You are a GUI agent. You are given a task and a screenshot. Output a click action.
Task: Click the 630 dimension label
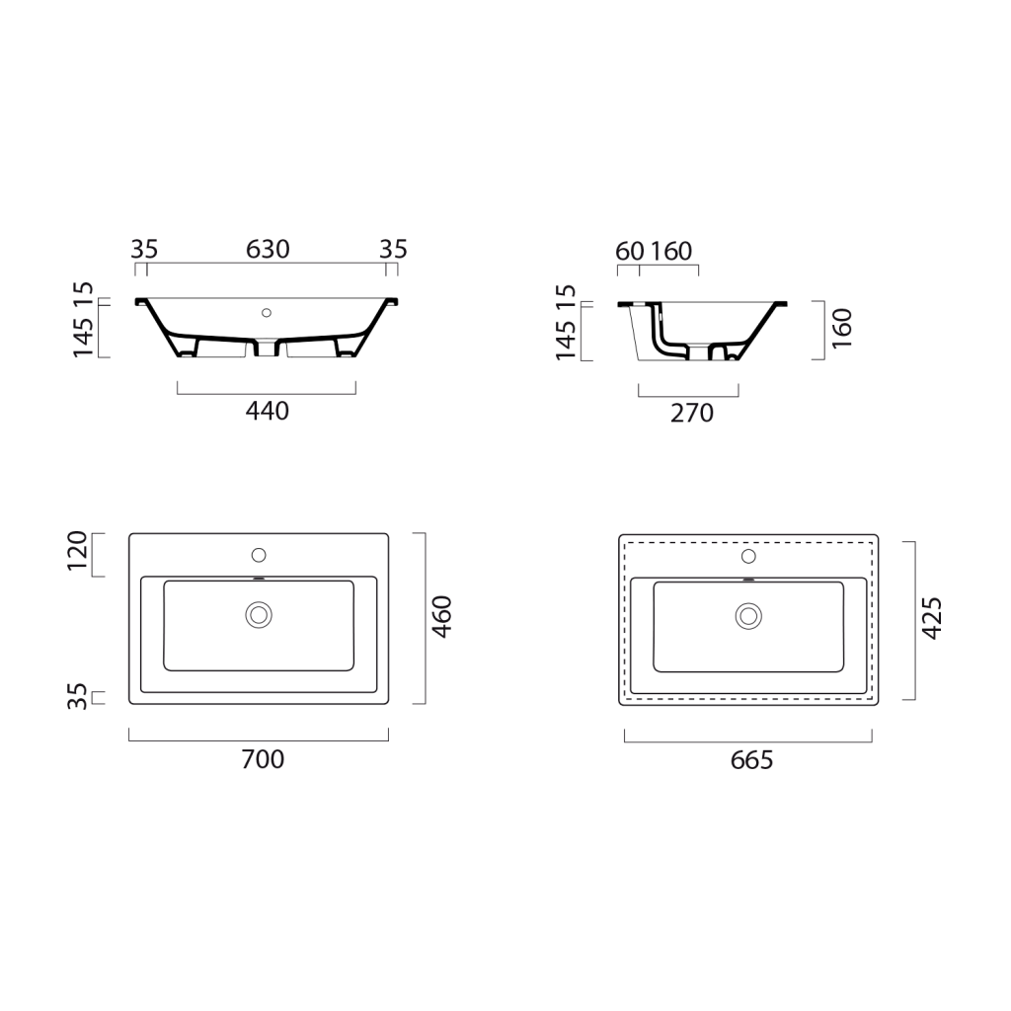click(268, 249)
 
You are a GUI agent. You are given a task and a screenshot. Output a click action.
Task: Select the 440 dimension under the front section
click(267, 411)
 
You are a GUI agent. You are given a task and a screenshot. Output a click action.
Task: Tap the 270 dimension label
click(692, 413)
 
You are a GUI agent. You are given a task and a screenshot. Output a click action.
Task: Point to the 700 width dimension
click(263, 759)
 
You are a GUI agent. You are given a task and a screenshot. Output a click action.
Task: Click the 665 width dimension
click(751, 760)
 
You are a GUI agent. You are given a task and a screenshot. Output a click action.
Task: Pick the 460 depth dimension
click(442, 617)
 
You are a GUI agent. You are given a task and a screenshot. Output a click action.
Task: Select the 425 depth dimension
click(932, 618)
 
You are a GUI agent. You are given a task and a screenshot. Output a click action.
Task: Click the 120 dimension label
click(77, 551)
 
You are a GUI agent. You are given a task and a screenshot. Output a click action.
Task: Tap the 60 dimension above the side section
click(630, 251)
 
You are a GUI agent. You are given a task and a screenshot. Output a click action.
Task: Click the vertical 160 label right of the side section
click(842, 329)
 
